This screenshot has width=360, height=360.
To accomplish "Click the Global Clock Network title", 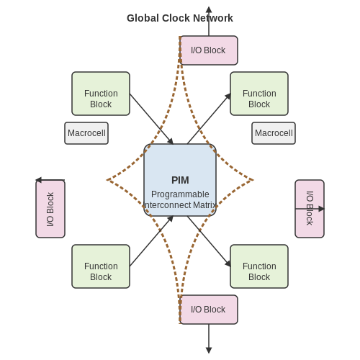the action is [180, 18].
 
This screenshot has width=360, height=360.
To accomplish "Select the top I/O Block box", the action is [209, 50].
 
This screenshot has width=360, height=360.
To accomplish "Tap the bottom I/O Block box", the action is [209, 310].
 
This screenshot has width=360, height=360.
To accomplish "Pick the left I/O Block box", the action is [50, 209].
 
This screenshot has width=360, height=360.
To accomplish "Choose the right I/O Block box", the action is [310, 209].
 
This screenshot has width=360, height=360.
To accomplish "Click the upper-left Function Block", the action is [101, 94].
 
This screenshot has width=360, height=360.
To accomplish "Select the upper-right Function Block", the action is [259, 94].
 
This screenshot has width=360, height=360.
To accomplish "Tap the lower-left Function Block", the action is [101, 266].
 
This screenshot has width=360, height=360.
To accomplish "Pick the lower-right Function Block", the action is [259, 266].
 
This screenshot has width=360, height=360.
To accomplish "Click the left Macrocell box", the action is [86, 133].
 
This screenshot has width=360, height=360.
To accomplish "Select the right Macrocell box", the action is [274, 133].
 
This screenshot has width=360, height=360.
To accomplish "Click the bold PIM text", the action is [180, 180].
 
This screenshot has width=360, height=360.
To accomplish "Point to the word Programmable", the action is [180, 194].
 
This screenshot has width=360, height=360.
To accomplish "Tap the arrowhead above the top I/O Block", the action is [209, 9].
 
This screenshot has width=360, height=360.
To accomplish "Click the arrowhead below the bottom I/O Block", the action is [209, 350].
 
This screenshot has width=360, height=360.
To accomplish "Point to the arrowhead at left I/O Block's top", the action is [38, 180].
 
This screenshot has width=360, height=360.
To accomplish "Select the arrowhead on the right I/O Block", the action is [321, 209].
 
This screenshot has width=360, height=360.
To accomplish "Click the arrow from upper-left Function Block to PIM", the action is [151, 119].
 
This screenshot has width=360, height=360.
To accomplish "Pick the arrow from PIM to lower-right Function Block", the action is [209, 241].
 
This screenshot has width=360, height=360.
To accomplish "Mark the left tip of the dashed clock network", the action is [107, 180].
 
